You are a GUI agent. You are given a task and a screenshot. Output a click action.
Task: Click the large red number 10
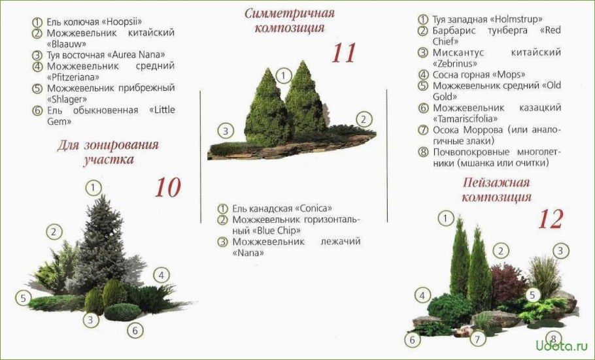167,188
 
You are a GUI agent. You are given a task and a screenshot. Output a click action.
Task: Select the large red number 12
550,219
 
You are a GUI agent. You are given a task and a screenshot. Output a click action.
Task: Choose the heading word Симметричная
290,13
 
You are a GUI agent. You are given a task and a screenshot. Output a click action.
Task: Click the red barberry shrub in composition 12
509,282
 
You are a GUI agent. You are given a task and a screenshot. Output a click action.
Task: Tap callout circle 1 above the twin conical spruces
282,76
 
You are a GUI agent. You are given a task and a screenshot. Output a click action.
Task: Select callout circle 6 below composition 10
135,331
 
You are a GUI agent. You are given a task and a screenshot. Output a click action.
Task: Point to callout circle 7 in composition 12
478,339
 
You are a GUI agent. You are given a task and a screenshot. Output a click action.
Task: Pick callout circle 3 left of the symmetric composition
226,131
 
